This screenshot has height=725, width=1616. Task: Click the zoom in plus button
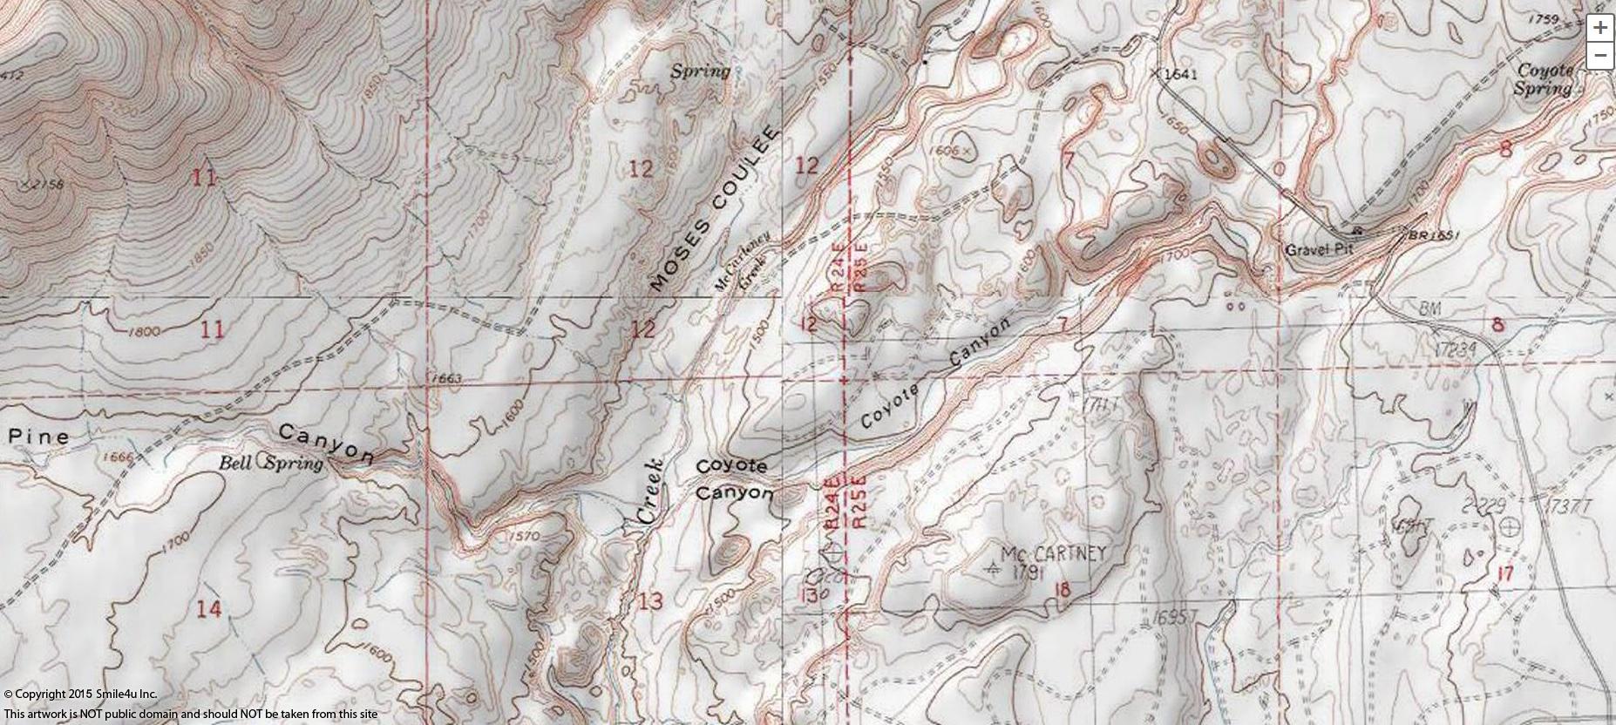click(x=1599, y=28)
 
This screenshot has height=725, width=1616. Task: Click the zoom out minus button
click(x=1599, y=56)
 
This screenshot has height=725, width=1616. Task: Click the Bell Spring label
click(x=270, y=464)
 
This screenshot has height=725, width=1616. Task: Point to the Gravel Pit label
click(x=1319, y=250)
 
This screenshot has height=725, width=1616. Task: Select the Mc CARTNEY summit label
click(x=1052, y=553)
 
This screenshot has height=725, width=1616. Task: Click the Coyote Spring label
click(x=1545, y=79)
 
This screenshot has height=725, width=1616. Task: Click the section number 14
click(x=207, y=609)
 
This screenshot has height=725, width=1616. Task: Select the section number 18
click(x=1061, y=591)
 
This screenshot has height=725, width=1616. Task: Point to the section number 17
click(x=1504, y=573)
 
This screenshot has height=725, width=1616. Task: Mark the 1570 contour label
click(x=523, y=536)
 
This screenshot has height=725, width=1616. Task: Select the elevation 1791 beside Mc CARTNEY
click(x=1028, y=573)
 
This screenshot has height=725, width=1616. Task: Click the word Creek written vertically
click(x=650, y=491)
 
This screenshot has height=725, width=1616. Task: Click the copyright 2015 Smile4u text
click(x=80, y=695)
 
